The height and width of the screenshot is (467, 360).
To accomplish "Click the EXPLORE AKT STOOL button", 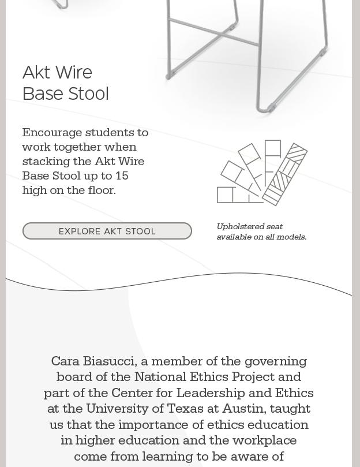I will point(107,231).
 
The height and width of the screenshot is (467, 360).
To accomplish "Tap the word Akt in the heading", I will point(36,73).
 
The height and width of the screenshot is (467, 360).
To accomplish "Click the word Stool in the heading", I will point(87,94).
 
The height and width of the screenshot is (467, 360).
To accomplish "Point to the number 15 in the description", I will point(122,175).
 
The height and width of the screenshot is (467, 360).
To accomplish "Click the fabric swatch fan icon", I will point(262,173).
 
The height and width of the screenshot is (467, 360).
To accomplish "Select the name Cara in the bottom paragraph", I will point(65,361).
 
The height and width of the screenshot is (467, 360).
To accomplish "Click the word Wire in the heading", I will point(74,73).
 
